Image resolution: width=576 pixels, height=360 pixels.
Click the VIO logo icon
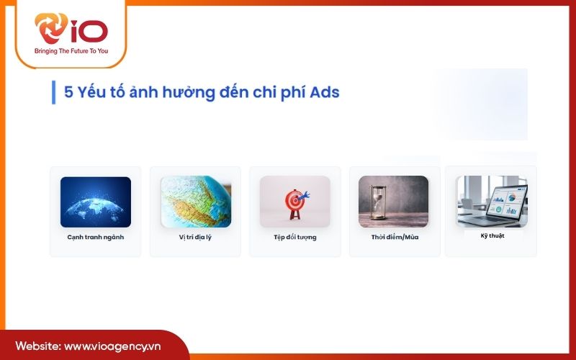point(52,29)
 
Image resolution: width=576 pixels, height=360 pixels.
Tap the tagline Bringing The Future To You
point(71,52)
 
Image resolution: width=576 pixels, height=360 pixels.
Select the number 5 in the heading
point(68,92)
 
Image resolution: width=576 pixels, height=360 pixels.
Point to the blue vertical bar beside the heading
point(53,92)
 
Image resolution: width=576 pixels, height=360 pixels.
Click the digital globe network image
point(96,202)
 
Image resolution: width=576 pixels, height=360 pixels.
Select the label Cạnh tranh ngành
point(96,237)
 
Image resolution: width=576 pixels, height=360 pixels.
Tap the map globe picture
point(195,202)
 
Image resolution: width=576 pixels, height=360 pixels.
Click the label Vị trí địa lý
point(195,237)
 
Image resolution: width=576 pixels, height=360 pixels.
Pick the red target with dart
point(295,202)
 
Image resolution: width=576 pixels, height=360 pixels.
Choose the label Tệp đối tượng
point(295,237)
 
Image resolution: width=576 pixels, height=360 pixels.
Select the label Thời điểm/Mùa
point(394,237)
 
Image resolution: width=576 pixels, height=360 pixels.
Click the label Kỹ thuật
point(492,235)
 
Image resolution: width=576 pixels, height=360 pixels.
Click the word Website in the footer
point(38,346)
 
